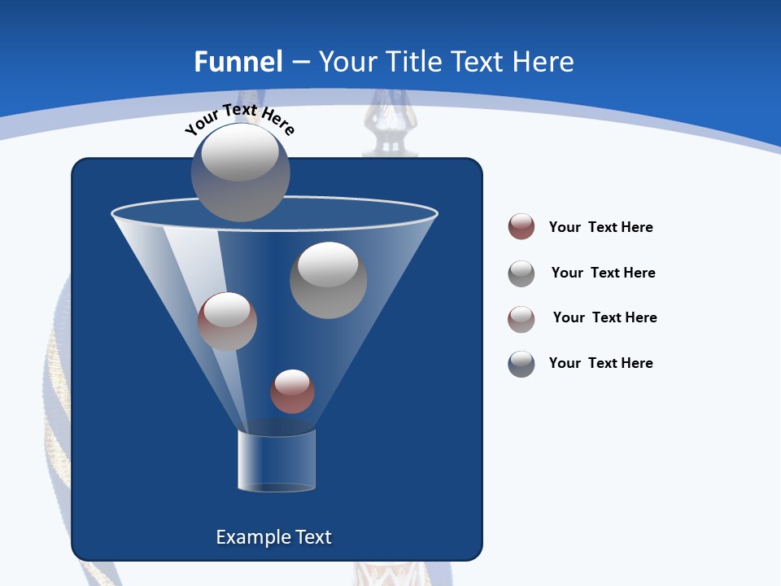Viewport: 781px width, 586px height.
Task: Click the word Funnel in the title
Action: pyautogui.click(x=238, y=62)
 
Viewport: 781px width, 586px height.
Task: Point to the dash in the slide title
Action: pyautogui.click(x=299, y=63)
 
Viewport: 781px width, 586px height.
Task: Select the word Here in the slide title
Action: pyautogui.click(x=544, y=62)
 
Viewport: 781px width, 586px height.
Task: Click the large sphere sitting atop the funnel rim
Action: pyautogui.click(x=241, y=172)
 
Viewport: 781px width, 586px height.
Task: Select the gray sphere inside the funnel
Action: pyautogui.click(x=328, y=280)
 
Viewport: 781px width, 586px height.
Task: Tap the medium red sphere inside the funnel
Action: pyautogui.click(x=227, y=321)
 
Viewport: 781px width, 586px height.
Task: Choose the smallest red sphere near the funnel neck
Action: pyautogui.click(x=292, y=391)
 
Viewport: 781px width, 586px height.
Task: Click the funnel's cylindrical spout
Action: pyautogui.click(x=277, y=461)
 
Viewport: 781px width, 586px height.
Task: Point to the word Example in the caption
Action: pyautogui.click(x=251, y=537)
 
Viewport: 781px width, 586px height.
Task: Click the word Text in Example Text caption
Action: pyautogui.click(x=312, y=537)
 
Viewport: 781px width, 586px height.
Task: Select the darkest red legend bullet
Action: pyautogui.click(x=521, y=226)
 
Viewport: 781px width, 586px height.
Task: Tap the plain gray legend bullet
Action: pyautogui.click(x=521, y=273)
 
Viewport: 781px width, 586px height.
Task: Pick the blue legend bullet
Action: pyautogui.click(x=521, y=364)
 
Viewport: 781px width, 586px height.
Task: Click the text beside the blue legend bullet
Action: pyautogui.click(x=600, y=363)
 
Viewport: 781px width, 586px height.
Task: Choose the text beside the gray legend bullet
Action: pyautogui.click(x=603, y=273)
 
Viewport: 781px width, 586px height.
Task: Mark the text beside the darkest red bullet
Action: pyautogui.click(x=600, y=227)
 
